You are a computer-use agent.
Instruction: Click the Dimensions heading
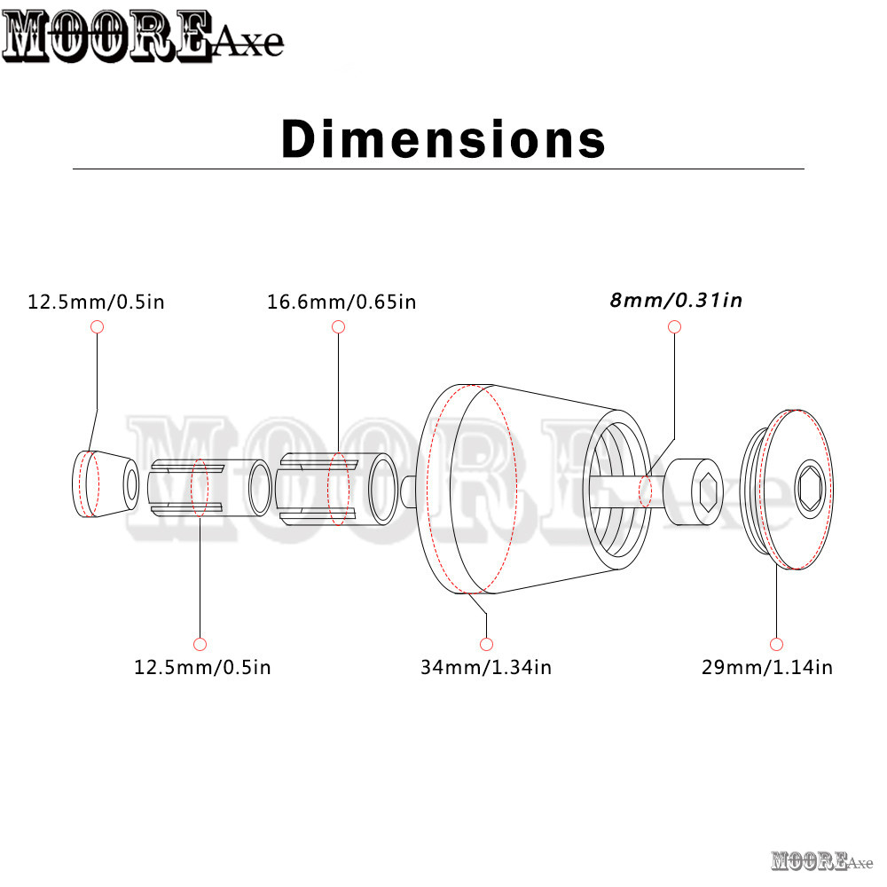(x=443, y=138)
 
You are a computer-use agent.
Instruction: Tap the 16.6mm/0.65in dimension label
(x=341, y=302)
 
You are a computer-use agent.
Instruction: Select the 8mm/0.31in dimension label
(x=676, y=300)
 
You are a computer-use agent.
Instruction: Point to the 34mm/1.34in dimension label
(x=486, y=668)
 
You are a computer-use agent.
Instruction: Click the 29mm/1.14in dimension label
(x=767, y=668)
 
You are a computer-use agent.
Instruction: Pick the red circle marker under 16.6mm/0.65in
(x=338, y=327)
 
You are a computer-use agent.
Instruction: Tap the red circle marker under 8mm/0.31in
(x=674, y=327)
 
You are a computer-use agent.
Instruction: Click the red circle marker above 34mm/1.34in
(x=486, y=644)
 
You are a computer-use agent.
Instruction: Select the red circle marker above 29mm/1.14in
(x=777, y=644)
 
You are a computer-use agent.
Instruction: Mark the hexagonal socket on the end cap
(x=811, y=489)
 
